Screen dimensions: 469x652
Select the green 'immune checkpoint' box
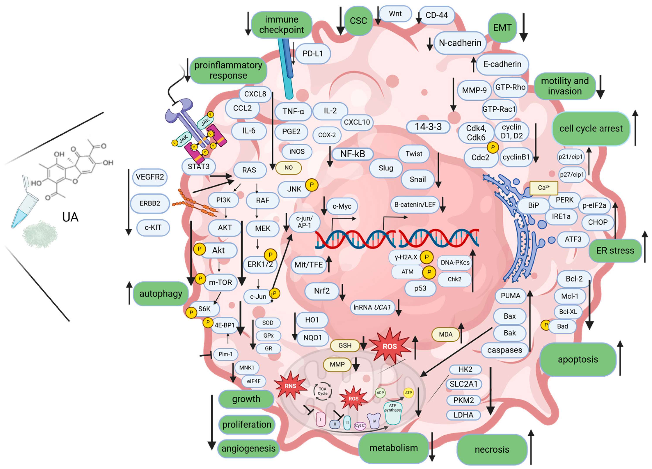pyautogui.click(x=282, y=25)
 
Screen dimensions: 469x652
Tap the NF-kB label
pyautogui.click(x=352, y=154)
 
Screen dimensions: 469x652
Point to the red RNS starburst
pyautogui.click(x=290, y=386)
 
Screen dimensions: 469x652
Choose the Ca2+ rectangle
pyautogui.click(x=543, y=188)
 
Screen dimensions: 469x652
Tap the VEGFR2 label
pyautogui.click(x=150, y=177)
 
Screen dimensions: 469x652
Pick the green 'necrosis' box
pyautogui.click(x=492, y=449)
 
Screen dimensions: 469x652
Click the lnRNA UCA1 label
pyautogui.click(x=372, y=307)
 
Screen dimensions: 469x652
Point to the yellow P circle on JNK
pyautogui.click(x=312, y=185)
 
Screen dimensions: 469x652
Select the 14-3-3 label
pyautogui.click(x=428, y=127)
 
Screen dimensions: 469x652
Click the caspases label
pyautogui.click(x=505, y=350)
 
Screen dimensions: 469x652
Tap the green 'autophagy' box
pyautogui.click(x=161, y=294)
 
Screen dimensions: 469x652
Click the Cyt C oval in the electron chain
pyautogui.click(x=360, y=426)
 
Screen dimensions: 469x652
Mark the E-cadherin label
pyautogui.click(x=502, y=64)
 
